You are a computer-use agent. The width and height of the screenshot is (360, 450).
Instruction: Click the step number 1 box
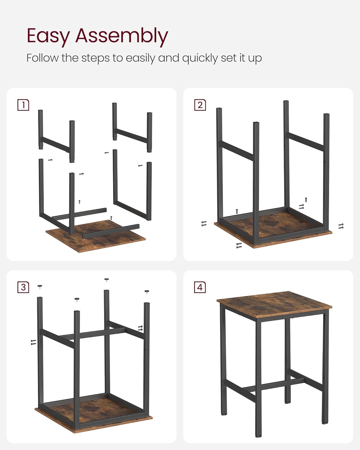(x=23, y=105)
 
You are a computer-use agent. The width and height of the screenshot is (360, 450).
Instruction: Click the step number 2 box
(x=200, y=105)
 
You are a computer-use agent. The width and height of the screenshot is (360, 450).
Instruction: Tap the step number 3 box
(x=23, y=287)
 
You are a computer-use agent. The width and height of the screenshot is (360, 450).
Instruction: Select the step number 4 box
(x=200, y=287)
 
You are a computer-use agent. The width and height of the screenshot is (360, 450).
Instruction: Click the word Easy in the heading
(x=48, y=36)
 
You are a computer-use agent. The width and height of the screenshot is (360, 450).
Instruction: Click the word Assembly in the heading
(x=121, y=36)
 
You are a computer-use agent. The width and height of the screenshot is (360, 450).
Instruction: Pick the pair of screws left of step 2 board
(x=204, y=223)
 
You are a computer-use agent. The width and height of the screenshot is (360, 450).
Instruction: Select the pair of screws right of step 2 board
(x=341, y=226)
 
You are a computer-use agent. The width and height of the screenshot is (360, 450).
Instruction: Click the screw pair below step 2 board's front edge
(x=239, y=245)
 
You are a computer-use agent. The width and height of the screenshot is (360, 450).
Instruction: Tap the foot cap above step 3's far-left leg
(x=40, y=286)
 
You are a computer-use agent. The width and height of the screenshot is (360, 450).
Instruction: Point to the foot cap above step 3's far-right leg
(x=147, y=291)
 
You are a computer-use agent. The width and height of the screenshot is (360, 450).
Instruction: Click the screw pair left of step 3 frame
(x=33, y=342)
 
